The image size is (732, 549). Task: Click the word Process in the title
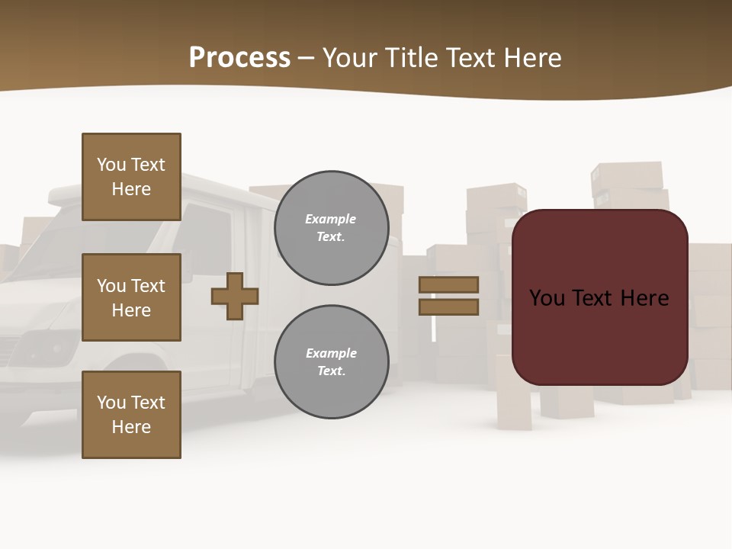coord(239,58)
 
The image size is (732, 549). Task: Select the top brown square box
coord(131,177)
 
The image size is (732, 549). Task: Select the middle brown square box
coord(131,297)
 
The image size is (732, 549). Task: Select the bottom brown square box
coord(131,414)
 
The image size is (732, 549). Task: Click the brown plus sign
coord(235,296)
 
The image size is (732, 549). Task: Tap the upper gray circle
coord(331,228)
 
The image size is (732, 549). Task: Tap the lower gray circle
coord(331,361)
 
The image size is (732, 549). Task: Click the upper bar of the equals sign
coord(448,284)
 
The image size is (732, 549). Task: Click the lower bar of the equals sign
coord(448,307)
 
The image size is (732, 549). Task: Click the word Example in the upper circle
coord(330,219)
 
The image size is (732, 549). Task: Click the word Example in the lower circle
coord(331,353)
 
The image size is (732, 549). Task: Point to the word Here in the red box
coord(644,298)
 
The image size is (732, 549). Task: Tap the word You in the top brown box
coord(111,165)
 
